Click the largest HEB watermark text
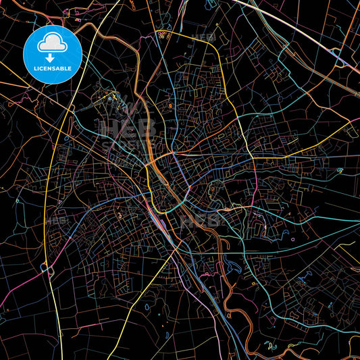coord(128,129)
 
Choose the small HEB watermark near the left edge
coord(57,220)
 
